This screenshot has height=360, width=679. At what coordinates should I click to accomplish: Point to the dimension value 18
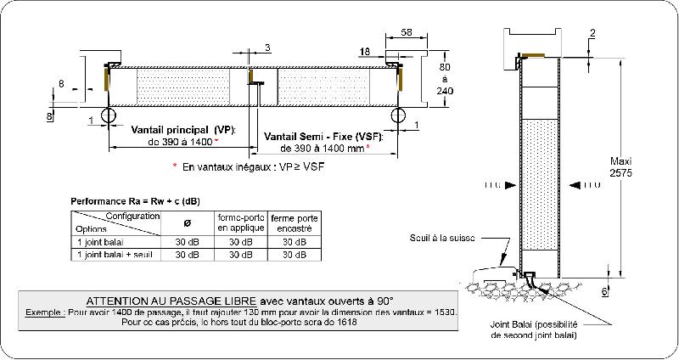pyautogui.click(x=364, y=53)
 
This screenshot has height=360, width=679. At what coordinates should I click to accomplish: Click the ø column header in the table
pyautogui.click(x=187, y=222)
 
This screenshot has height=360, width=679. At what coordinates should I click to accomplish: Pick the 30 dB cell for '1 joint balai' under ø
pyautogui.click(x=187, y=241)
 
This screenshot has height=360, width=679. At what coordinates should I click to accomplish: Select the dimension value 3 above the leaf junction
pyautogui.click(x=268, y=47)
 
